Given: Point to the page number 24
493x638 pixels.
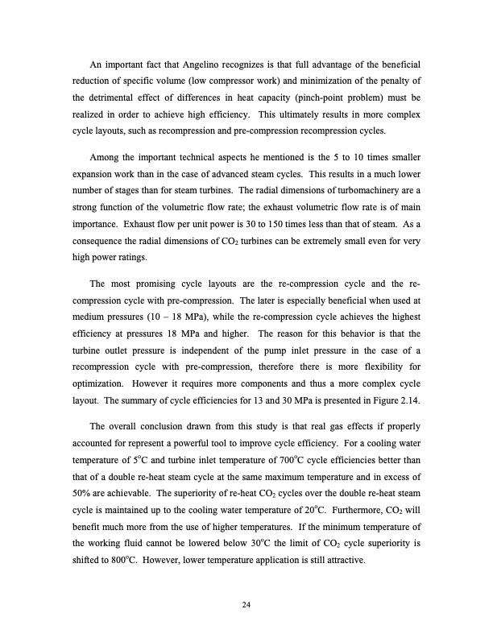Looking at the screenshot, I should [246, 594].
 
